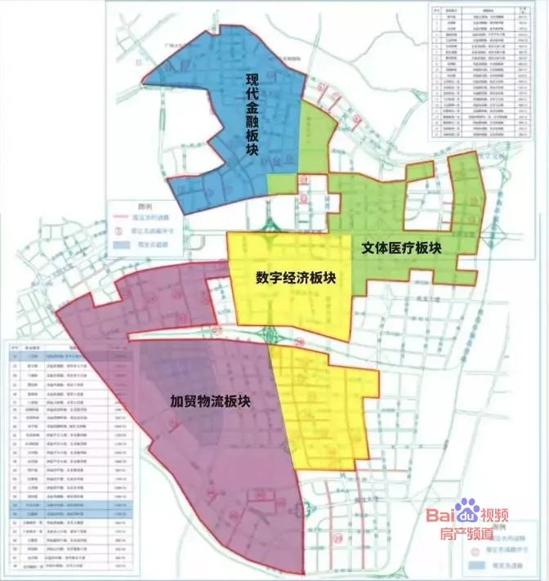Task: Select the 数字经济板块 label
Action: [x=295, y=278]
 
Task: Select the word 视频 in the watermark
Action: [x=496, y=516]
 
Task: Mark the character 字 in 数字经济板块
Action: [x=271, y=278]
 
